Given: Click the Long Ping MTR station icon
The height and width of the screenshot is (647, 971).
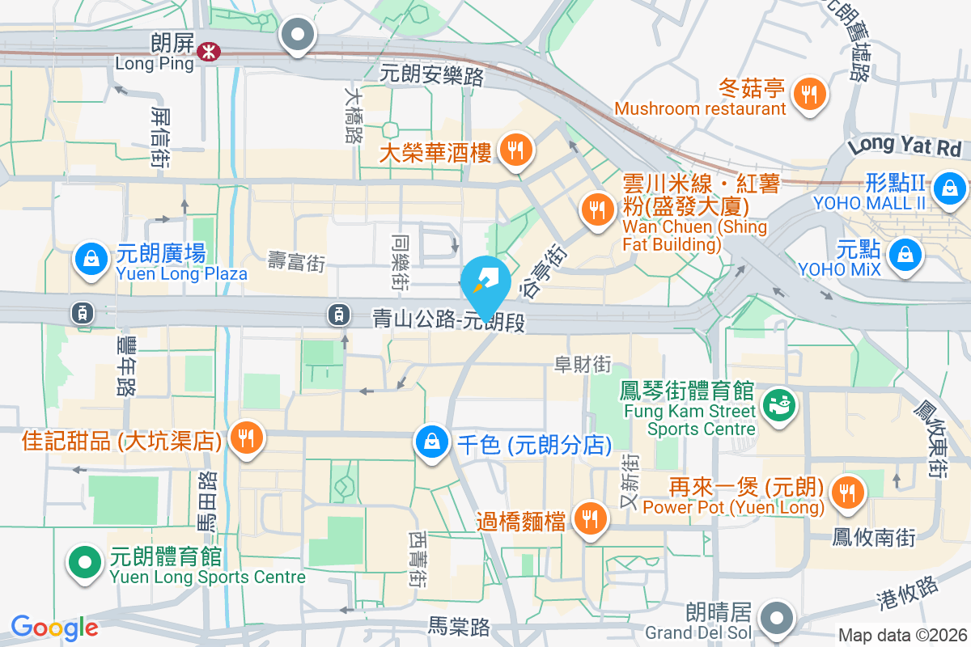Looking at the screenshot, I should [x=209, y=52].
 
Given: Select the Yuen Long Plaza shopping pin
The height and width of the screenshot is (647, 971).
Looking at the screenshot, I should [x=91, y=260].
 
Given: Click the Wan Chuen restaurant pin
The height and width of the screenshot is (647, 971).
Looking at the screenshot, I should [x=597, y=210].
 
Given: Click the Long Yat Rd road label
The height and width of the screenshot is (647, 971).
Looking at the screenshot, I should [x=904, y=146].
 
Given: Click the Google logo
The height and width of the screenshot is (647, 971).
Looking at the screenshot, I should [x=54, y=628].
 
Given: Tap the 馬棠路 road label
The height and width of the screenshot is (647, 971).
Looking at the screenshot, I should [x=460, y=626].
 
